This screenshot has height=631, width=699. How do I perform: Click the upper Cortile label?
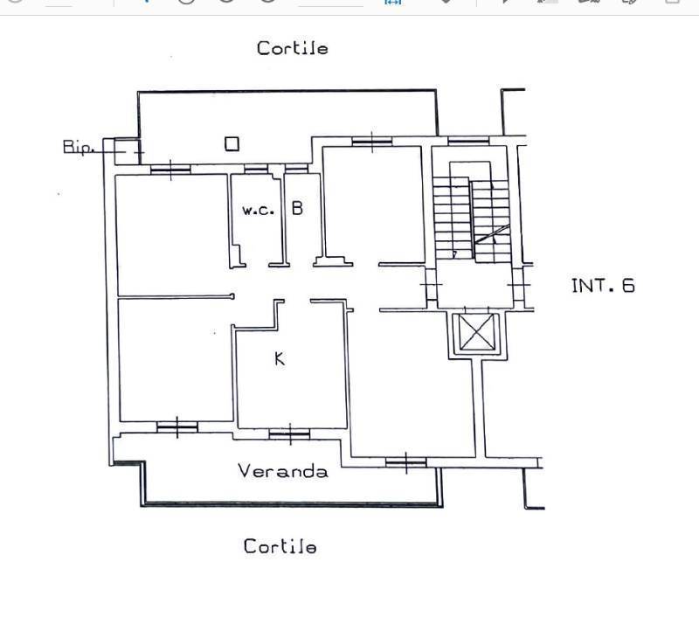coord(293,48)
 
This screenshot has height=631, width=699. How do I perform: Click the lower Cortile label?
coord(280,546)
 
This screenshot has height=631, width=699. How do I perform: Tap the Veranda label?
coord(283,471)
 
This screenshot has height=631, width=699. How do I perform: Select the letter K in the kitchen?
coord(280,358)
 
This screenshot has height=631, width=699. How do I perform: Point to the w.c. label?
coord(258,211)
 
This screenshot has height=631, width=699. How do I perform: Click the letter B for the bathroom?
coord(297,208)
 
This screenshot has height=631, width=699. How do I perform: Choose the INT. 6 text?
coord(603,286)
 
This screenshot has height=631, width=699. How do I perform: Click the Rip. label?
coord(78,147)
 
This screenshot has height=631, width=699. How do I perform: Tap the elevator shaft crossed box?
coord(476,332)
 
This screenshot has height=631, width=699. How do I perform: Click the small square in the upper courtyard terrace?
coord(232,144)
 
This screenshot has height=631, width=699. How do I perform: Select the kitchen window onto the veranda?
coord(290,433)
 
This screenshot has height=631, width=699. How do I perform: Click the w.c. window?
coord(256,169)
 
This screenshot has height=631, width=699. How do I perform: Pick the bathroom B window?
coord(296,169)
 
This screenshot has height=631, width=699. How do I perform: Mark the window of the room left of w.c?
coord(170,170)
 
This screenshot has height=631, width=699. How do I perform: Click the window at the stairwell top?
coord(468,141)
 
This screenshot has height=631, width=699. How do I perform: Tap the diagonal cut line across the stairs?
coord(492,234)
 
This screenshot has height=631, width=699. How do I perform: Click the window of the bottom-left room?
coord(177,427)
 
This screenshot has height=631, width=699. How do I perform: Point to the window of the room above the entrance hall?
coord(372,142)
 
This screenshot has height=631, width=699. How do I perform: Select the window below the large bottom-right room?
coord(406,462)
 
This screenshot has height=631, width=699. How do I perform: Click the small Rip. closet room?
coord(127,151)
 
